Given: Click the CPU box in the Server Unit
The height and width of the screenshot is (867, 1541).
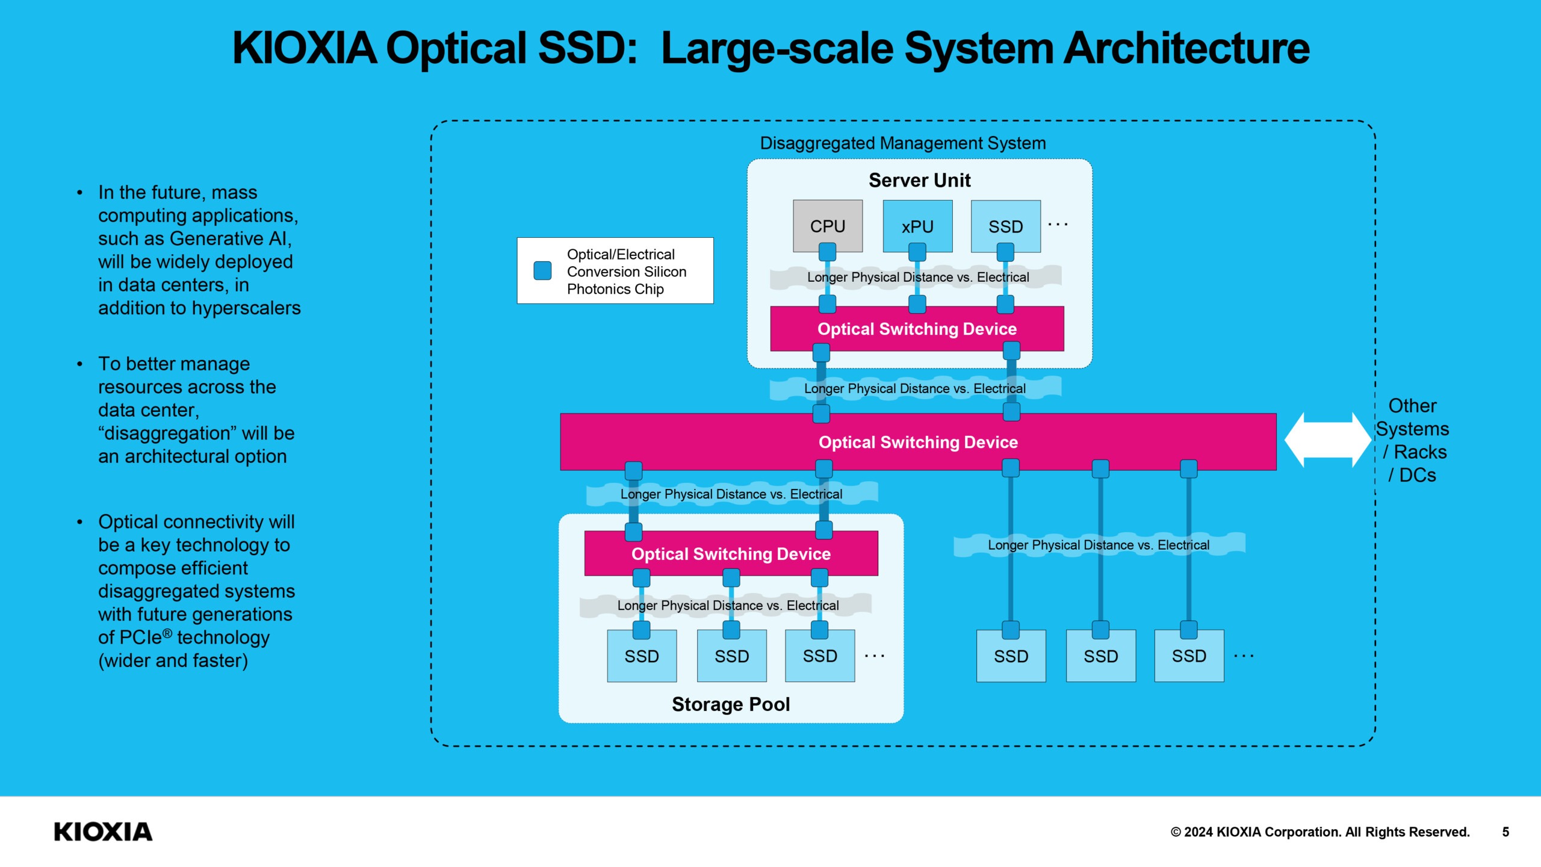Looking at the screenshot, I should point(828,226).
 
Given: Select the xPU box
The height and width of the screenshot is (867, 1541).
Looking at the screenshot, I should point(917,226).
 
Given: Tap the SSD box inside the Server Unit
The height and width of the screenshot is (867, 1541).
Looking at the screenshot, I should point(1005,226).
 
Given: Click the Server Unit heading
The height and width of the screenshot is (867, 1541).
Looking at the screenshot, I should point(919,180).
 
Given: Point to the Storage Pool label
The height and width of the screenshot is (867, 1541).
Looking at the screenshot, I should point(731,704).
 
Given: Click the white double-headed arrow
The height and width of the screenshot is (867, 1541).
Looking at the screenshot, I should point(1327,440).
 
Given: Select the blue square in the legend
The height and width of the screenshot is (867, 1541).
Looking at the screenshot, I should point(542,270).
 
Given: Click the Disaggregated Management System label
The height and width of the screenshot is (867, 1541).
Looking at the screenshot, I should point(902,143).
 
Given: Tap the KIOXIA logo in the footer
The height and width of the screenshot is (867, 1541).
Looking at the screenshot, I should point(103,831).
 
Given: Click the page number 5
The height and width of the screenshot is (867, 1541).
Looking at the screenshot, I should point(1505,831).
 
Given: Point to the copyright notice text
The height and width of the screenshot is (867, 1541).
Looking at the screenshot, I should point(1319,831).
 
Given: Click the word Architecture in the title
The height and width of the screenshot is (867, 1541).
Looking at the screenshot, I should point(1186,48).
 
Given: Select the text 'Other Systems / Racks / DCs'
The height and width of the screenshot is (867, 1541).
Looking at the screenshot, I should point(1412,440).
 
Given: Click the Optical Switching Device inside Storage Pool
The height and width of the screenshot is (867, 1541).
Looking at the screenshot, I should point(731,553).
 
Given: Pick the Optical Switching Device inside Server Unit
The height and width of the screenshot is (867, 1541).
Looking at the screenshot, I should point(917,329).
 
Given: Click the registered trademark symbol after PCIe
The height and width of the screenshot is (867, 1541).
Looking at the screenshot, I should point(167,633).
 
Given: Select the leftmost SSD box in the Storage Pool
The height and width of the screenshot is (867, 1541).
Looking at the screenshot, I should point(642,656).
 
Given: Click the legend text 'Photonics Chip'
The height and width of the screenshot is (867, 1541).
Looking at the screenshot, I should point(615,289).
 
